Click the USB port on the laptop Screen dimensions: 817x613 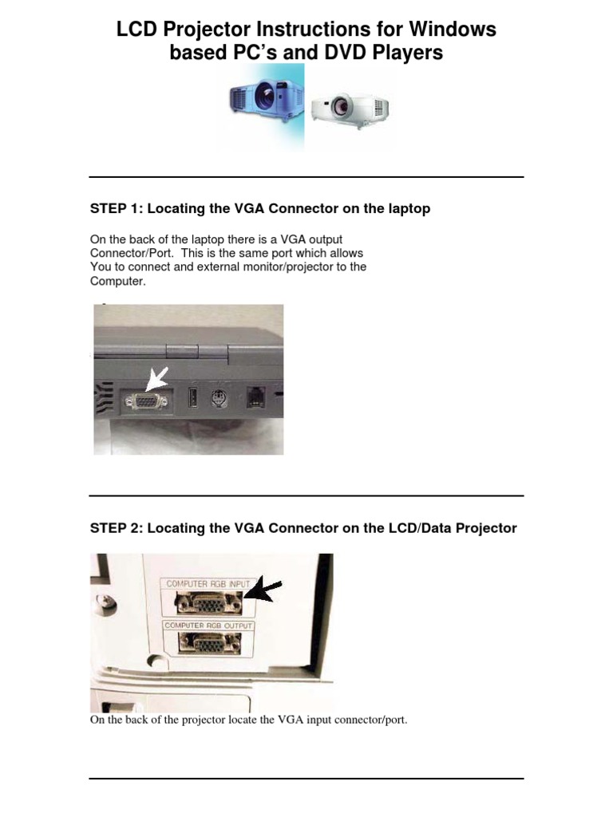coord(192,398)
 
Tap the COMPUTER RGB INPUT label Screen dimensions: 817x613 coord(208,584)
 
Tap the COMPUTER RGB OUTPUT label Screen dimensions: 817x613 coord(208,626)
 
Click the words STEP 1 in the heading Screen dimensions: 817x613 coord(114,208)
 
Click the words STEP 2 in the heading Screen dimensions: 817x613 coord(114,528)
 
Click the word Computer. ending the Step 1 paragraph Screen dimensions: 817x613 coord(118,282)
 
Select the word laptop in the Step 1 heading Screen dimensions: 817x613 coord(409,208)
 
